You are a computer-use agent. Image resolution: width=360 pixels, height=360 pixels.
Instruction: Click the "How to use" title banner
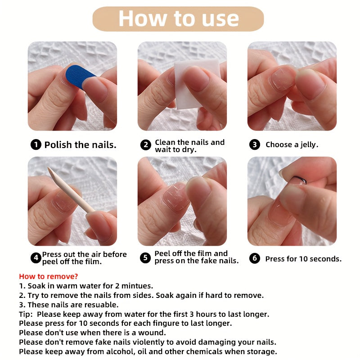(x=178, y=19)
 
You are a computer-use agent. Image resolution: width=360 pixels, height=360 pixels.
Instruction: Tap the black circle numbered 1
(x=36, y=144)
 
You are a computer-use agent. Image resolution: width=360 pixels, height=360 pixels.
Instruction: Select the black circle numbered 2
(x=146, y=145)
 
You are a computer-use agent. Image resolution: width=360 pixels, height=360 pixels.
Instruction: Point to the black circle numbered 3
(x=255, y=144)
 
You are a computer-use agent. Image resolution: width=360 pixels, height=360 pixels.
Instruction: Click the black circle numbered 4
(x=36, y=258)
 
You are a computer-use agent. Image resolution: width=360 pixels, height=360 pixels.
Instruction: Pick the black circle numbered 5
(x=145, y=257)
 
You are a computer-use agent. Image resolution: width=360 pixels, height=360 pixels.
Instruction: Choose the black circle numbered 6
(x=255, y=258)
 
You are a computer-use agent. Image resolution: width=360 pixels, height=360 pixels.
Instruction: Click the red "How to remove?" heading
(x=49, y=276)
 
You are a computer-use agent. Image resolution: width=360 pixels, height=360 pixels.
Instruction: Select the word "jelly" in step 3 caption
(x=308, y=144)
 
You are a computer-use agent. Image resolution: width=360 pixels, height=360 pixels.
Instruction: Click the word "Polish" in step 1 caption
(x=58, y=145)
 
